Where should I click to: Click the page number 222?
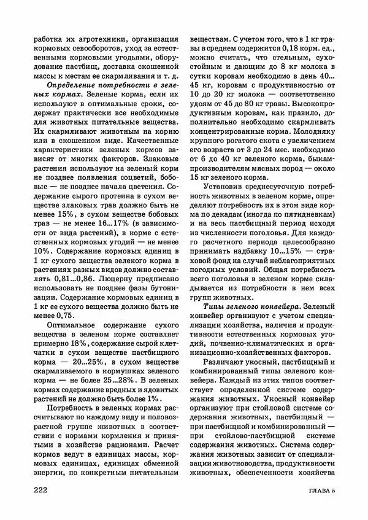coord(43,490)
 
